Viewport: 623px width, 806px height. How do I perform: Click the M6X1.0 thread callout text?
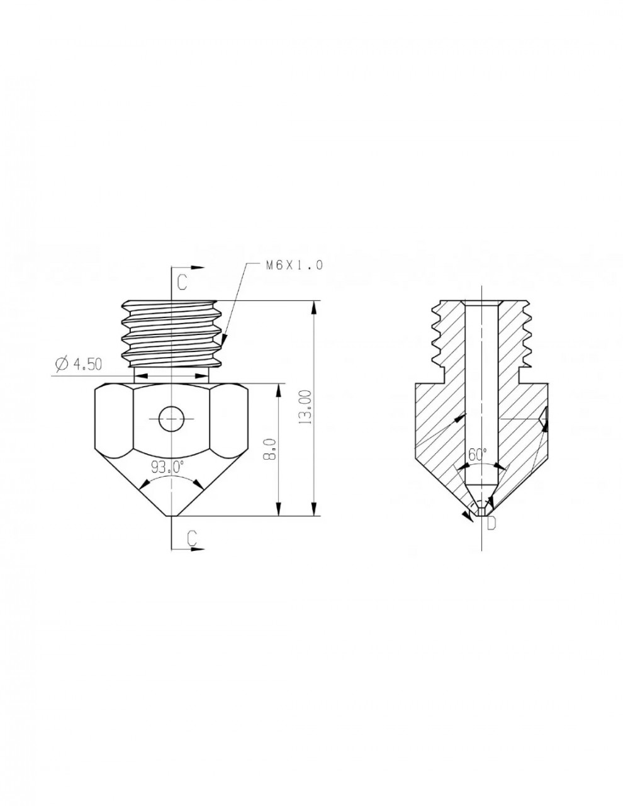[295, 265]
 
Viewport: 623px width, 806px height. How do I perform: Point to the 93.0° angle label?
[167, 467]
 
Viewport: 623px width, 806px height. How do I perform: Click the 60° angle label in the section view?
[478, 455]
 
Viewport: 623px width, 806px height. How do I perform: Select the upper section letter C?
[182, 283]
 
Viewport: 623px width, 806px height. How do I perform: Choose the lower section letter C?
[191, 538]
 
